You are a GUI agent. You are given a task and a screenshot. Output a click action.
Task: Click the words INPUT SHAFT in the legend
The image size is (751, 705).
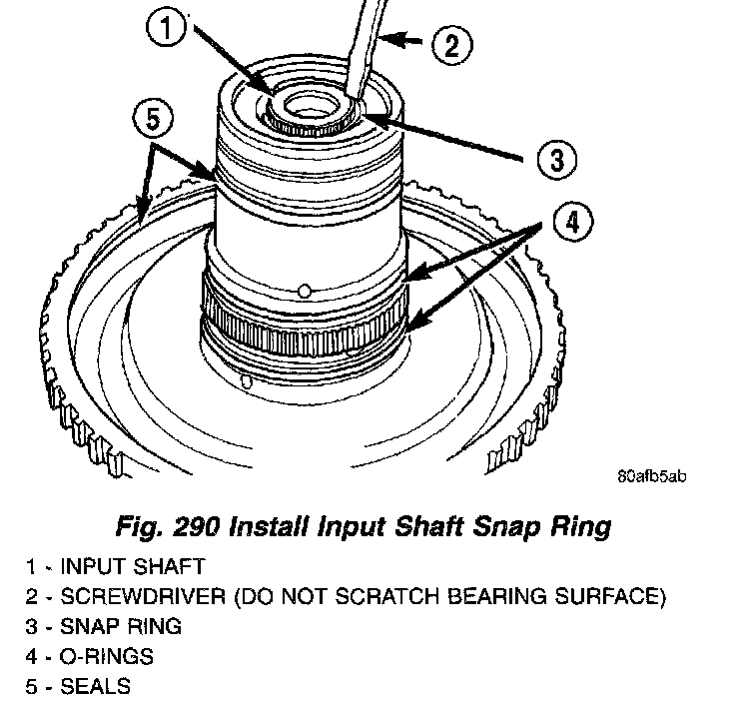tap(133, 567)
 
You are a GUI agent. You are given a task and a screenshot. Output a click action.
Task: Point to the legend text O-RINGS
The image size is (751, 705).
tap(101, 657)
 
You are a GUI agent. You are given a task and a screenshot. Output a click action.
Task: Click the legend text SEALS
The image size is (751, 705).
tap(95, 687)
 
